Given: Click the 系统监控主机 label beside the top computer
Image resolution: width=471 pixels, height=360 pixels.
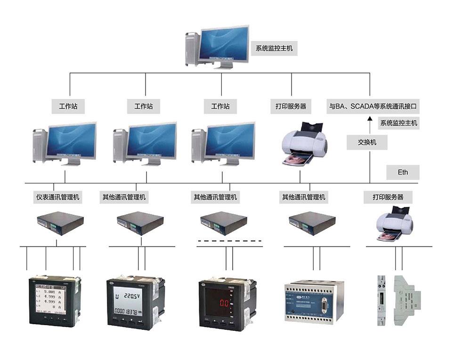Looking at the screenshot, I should point(274,48).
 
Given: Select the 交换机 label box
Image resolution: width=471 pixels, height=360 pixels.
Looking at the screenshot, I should point(367,142).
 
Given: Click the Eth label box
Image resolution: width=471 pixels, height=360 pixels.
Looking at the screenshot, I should point(403,172).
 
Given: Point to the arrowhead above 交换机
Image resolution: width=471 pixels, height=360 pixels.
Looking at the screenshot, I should point(370,120).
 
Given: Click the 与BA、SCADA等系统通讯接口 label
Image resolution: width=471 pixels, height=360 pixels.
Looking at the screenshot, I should point(373,106).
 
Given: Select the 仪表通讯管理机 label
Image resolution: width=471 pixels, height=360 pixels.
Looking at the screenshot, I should point(57,197).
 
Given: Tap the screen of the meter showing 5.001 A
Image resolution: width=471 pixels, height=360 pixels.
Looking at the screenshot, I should point(52,298).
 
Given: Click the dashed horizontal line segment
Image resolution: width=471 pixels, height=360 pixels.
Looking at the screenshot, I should point(229,240).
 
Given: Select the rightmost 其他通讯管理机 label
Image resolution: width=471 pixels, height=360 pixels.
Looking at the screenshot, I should point(303,197).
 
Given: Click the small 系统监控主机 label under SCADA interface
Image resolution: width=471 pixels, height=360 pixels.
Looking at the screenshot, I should point(398,123).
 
